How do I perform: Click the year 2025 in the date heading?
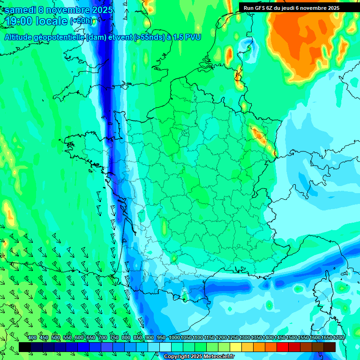click(x=99, y=9)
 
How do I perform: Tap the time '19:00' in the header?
click(x=20, y=21)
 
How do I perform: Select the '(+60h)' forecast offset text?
click(x=82, y=21)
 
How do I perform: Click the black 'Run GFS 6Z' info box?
click(x=292, y=7)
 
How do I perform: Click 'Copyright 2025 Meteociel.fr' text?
click(x=205, y=357)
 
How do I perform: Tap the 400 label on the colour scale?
click(x=32, y=338)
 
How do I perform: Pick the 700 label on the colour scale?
click(x=103, y=338)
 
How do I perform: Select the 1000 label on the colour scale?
click(x=174, y=338)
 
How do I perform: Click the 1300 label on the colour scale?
click(x=245, y=338)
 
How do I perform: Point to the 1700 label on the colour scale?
click(x=338, y=338)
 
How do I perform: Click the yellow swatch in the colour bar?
click(x=236, y=347)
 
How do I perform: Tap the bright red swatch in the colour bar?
click(x=283, y=347)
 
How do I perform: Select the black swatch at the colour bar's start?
click(x=25, y=347)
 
